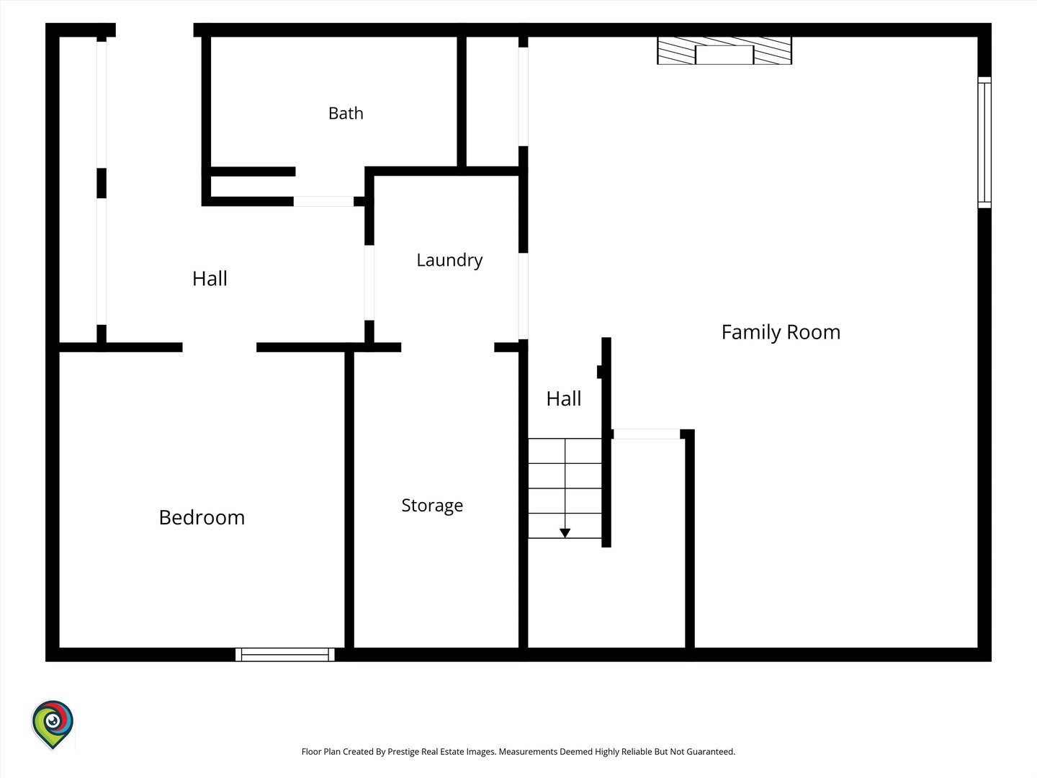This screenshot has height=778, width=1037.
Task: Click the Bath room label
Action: point(346,113)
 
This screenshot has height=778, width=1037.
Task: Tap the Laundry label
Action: point(449,260)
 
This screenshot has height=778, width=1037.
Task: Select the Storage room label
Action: point(432,506)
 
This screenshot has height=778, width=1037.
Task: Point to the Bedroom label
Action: point(202,518)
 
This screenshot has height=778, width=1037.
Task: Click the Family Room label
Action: point(781,333)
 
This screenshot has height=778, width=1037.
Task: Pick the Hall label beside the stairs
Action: point(564,398)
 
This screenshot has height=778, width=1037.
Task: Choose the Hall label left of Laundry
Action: point(210,279)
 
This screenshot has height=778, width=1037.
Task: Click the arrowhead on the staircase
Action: point(565,533)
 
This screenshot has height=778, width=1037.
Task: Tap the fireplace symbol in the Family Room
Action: point(724,50)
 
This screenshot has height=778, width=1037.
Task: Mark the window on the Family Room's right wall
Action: point(984,142)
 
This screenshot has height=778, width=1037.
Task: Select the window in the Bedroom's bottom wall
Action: point(285,655)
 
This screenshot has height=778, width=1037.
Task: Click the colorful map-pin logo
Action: point(53,724)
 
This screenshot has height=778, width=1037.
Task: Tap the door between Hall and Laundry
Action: point(369,282)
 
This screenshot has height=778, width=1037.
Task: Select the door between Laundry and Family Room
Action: point(523,296)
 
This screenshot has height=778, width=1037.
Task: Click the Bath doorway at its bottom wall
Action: point(323,201)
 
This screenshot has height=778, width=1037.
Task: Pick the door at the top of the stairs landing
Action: point(647,434)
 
